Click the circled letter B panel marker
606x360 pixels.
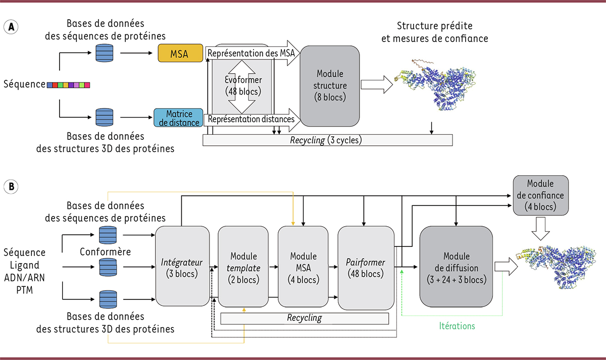[x=11, y=187]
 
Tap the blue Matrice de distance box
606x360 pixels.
[x=178, y=118]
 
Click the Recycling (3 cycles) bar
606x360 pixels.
[x=327, y=140]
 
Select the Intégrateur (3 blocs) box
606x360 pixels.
[x=182, y=268]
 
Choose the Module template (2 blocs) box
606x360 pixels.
[x=243, y=268]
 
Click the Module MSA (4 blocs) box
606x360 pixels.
[x=303, y=268]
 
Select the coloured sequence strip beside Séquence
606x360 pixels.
[x=68, y=85]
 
